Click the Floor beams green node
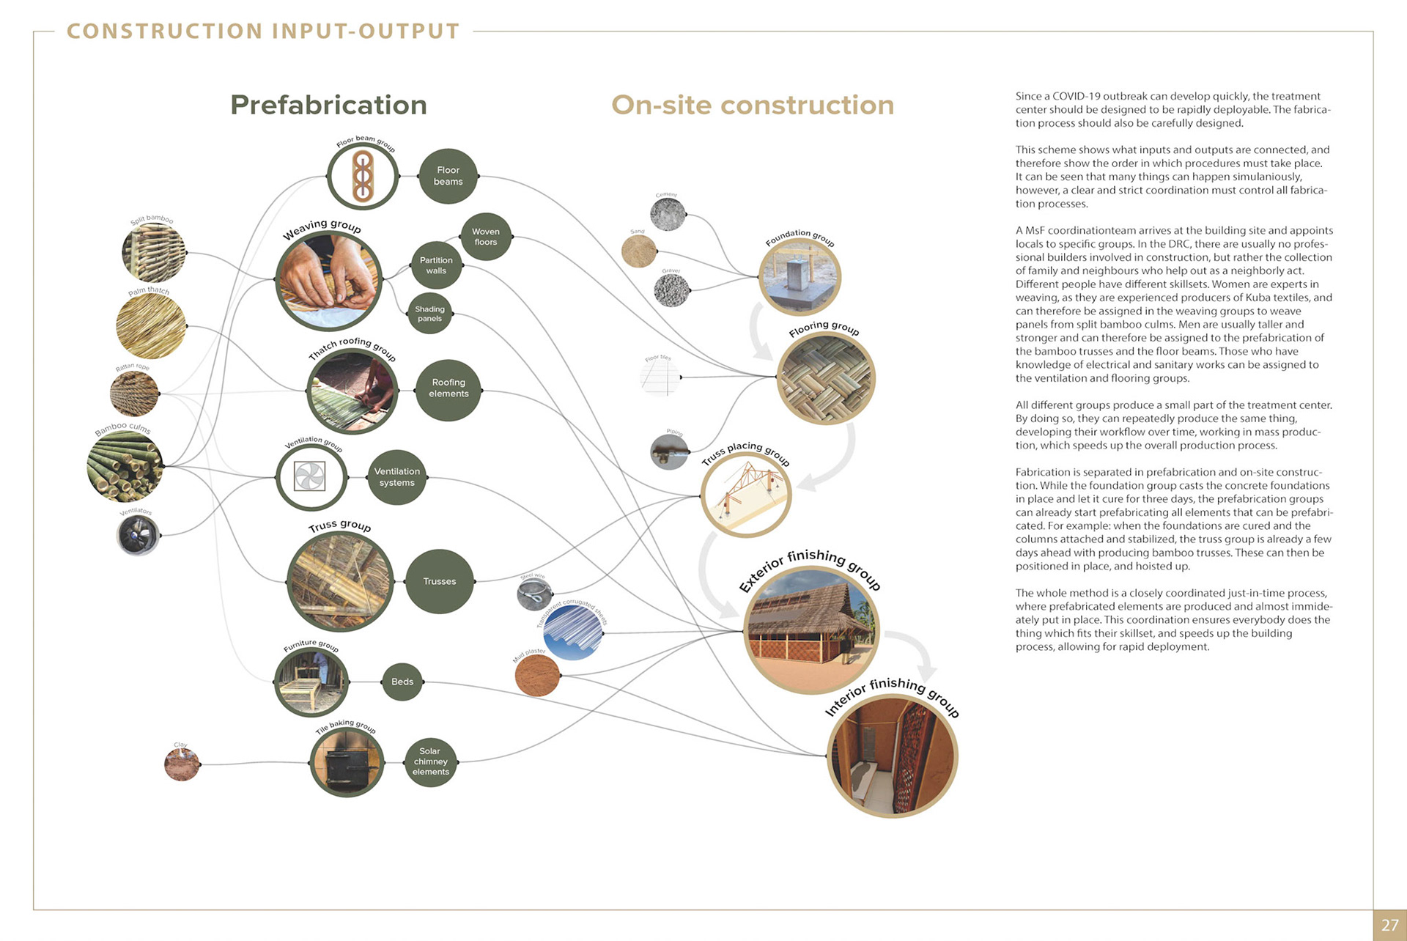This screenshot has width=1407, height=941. point(448,176)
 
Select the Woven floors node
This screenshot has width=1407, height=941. point(486,237)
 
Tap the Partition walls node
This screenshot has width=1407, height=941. point(436,265)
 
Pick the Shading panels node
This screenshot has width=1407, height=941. point(429,314)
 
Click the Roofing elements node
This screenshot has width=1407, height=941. point(448,388)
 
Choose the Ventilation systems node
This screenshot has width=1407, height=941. point(396,477)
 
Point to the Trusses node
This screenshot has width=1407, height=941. point(439,581)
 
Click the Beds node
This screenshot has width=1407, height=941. point(402,682)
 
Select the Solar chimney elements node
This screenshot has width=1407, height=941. point(430,761)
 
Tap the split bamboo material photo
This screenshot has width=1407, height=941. point(153,253)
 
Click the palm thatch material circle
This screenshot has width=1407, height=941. point(151,326)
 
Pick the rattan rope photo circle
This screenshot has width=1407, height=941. point(134,394)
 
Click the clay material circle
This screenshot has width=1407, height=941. point(182,764)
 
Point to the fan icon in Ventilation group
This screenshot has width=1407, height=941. point(310,476)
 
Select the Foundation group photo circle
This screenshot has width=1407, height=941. point(799,277)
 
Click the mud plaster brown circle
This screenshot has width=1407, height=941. point(537,675)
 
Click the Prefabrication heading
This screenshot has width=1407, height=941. point(328,105)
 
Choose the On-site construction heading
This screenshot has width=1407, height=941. point(753,105)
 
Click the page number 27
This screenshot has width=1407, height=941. point(1389,925)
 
